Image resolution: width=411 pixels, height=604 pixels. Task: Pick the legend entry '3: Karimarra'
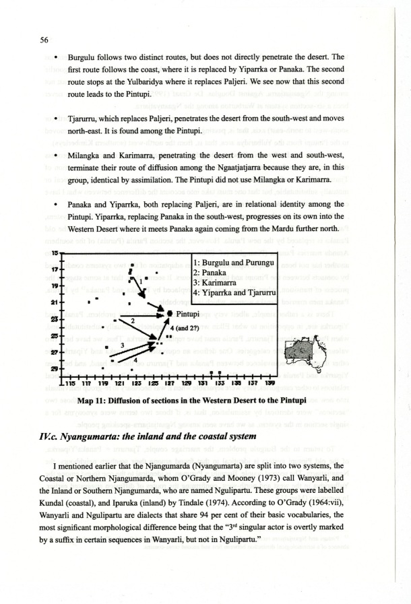(x=217, y=282)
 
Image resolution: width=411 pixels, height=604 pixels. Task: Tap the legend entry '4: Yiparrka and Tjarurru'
(x=233, y=292)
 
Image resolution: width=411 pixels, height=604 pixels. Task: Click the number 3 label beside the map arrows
(x=122, y=345)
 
